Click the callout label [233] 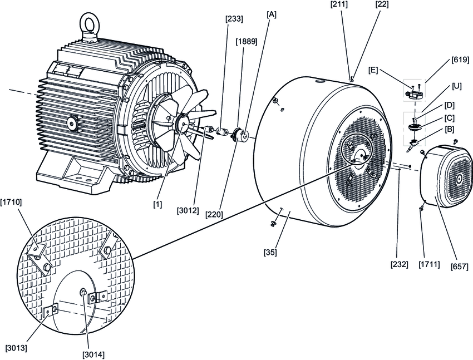pos(234,19)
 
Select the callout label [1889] pos(247,42)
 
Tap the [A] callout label pos(272,14)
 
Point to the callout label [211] pos(339,4)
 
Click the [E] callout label pos(373,70)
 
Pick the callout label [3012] pos(188,210)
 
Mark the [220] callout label pos(214,215)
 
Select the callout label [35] pos(270,252)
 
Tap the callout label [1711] pos(429,264)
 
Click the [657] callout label pos(460,267)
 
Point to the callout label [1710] pos(11,202)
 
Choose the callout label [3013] pos(16,348)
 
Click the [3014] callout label pos(93,355)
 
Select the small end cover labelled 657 pos(445,177)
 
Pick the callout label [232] pos(400,264)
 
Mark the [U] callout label pos(457,87)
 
